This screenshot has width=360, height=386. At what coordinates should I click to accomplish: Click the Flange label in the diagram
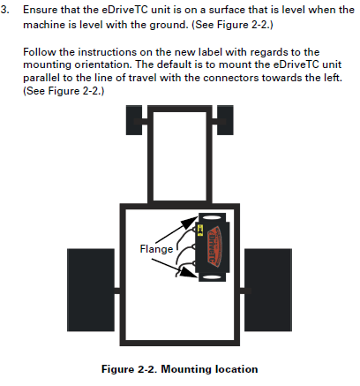155,248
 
